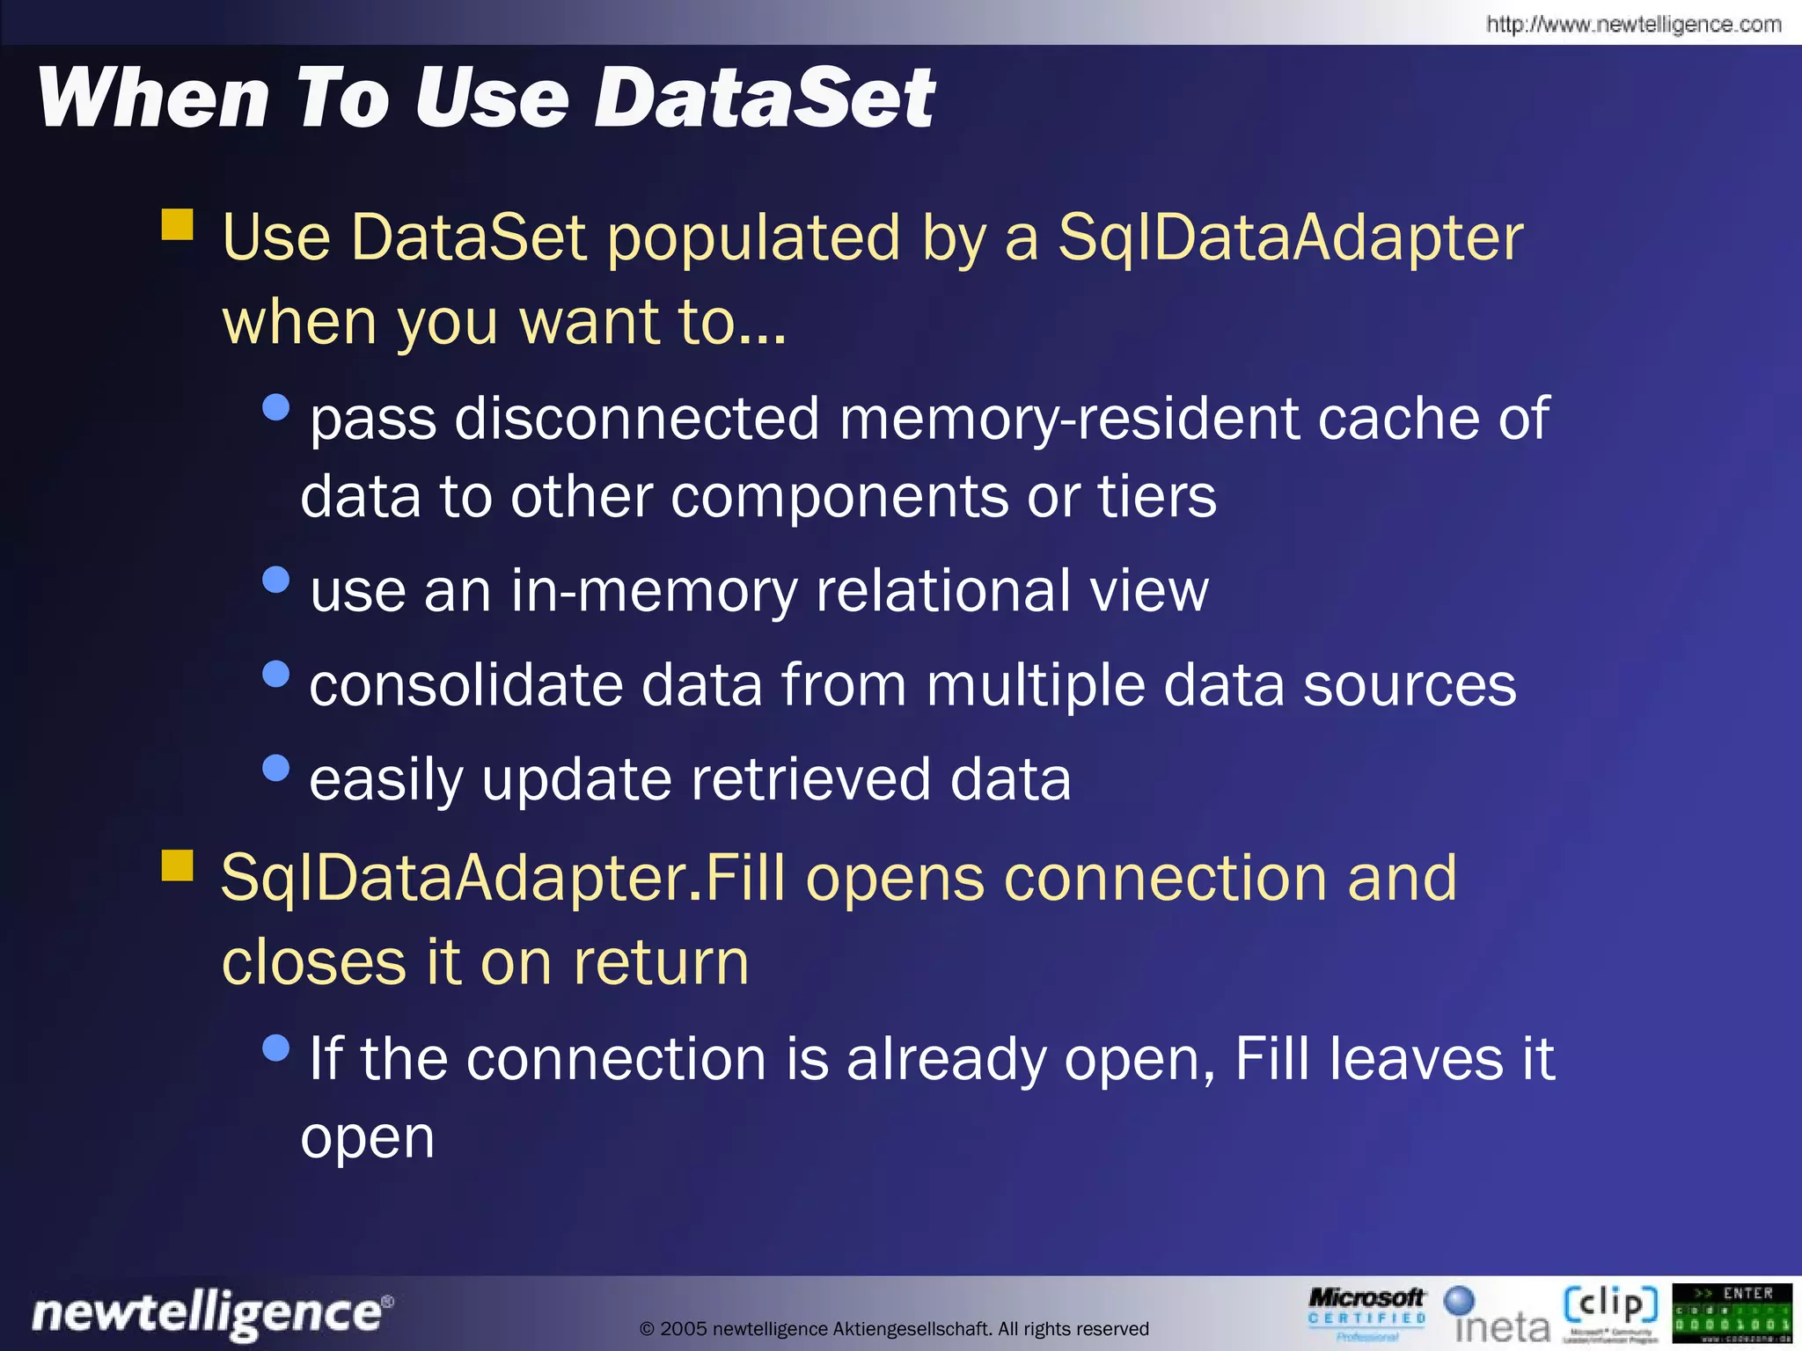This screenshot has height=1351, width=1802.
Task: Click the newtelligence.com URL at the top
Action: [x=1633, y=25]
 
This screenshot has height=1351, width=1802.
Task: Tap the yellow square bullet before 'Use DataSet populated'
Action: [x=178, y=224]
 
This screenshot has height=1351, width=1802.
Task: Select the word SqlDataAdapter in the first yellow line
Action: [x=1290, y=237]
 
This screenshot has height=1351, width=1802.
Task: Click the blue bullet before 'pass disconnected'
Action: [x=276, y=407]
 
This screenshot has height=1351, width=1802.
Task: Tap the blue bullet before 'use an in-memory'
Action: [x=276, y=580]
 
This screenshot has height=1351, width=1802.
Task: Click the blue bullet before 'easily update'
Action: [x=276, y=768]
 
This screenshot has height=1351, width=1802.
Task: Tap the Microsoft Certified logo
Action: [x=1366, y=1313]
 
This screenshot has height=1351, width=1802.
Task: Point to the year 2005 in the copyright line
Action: [x=683, y=1329]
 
